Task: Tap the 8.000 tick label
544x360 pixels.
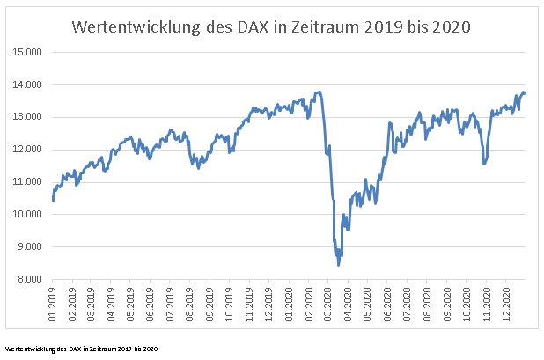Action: pos(29,280)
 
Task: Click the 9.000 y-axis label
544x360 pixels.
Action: pos(29,247)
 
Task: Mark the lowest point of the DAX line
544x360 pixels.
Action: pos(338,265)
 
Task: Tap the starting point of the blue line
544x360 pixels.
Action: pos(53,201)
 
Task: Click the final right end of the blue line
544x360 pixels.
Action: pos(525,93)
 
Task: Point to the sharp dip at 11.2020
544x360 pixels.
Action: pos(484,164)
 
